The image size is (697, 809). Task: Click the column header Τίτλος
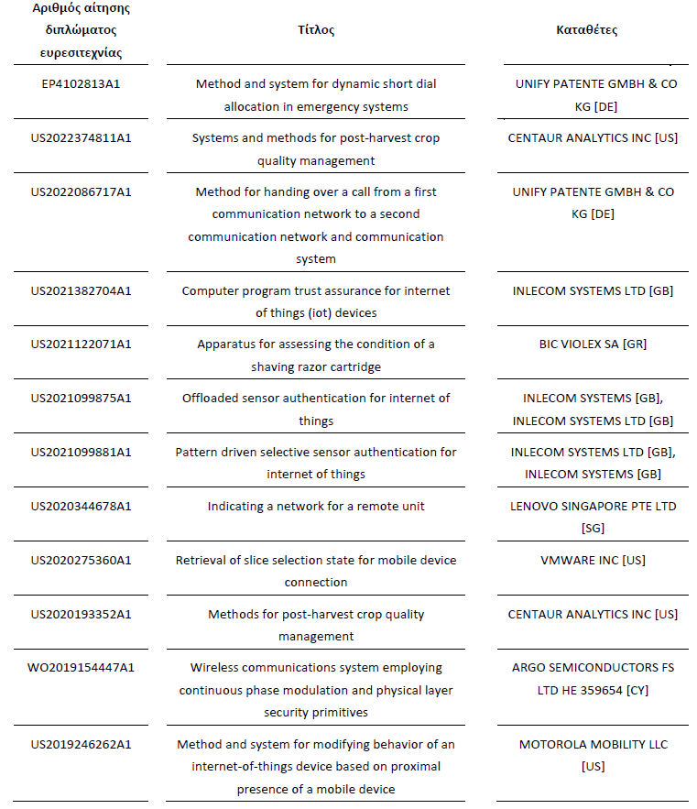[316, 30]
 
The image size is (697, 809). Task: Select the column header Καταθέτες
[586, 30]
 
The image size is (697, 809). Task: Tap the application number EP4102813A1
[81, 84]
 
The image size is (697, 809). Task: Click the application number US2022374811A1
[81, 138]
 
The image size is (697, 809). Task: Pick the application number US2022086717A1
[81, 192]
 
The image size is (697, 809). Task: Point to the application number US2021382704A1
[81, 291]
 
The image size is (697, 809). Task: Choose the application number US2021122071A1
[81, 344]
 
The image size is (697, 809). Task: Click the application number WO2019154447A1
[81, 668]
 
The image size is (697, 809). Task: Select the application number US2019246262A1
[81, 745]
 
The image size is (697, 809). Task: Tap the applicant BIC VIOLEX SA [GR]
[593, 344]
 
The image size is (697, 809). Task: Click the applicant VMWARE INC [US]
[593, 560]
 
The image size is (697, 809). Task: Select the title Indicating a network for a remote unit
[316, 506]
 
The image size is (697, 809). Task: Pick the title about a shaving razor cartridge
[316, 355]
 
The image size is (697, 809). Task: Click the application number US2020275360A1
[81, 560]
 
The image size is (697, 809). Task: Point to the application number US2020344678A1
[81, 506]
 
